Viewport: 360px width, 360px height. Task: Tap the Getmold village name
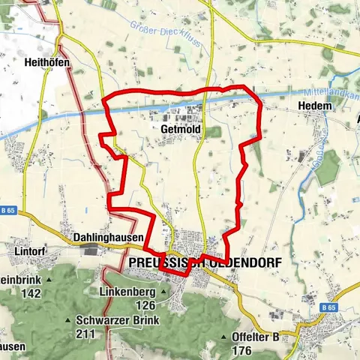[178, 129]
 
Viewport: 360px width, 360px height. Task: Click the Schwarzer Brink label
[111, 318]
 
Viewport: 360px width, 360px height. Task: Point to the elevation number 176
[242, 350]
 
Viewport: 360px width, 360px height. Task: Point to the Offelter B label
[256, 337]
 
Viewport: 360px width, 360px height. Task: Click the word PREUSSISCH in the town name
[161, 263]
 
